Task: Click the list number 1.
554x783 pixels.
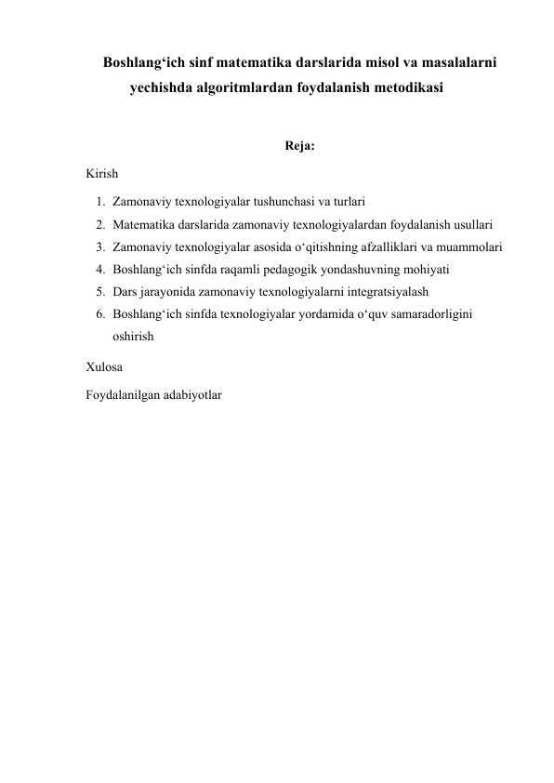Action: click(x=99, y=201)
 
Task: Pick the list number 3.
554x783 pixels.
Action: click(x=99, y=247)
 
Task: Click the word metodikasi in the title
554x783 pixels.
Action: click(x=402, y=90)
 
